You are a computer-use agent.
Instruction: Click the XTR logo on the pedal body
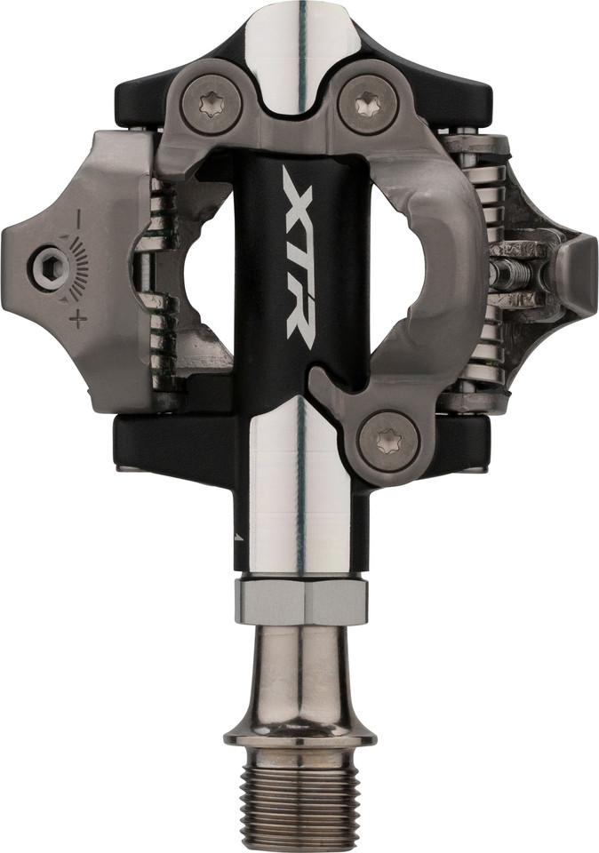[299, 254]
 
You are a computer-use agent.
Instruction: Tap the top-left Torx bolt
[212, 105]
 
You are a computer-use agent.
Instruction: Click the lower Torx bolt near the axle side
[388, 438]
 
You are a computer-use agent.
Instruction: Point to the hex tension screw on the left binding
[45, 267]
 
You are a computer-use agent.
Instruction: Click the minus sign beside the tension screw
[77, 216]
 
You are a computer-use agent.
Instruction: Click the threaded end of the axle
[299, 800]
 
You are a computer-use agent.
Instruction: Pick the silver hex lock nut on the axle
[301, 602]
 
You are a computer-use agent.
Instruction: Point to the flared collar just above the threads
[299, 736]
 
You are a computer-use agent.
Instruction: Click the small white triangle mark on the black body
[237, 538]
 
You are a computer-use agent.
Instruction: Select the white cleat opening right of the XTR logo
[396, 258]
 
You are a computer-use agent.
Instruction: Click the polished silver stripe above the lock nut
[299, 498]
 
